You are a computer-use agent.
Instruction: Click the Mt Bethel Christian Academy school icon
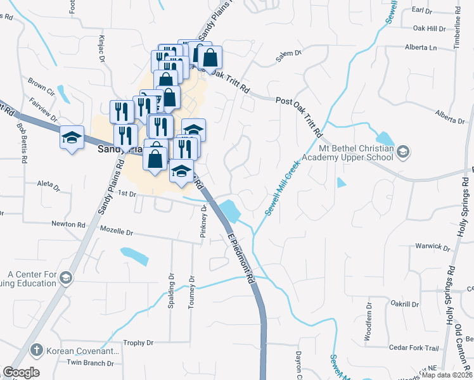coord(404,151)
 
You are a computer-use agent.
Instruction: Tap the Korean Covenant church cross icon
coord(37,350)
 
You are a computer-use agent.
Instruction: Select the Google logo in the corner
coord(21,372)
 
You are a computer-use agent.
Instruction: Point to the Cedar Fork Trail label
coord(414,348)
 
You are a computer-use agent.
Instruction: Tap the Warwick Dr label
coord(432,246)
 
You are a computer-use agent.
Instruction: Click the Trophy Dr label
coord(139,343)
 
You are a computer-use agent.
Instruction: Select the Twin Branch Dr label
coord(91,363)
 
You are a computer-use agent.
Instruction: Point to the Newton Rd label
coord(68,224)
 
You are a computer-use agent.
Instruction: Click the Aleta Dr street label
coord(48,186)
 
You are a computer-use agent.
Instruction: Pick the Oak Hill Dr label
coord(430,28)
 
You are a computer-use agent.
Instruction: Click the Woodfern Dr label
coord(368,324)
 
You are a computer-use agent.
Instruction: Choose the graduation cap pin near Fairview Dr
coord(72,138)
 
